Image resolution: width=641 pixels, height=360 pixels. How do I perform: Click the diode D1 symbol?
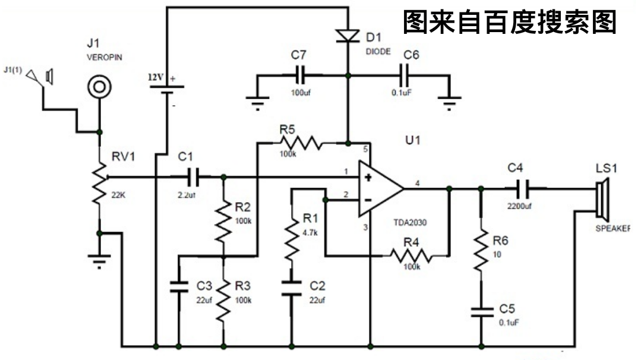(348, 36)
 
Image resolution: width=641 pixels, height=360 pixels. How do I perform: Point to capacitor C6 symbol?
(406, 75)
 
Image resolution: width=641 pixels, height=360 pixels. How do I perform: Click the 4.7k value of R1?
(310, 232)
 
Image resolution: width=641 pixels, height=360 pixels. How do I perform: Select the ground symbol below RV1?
(100, 259)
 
